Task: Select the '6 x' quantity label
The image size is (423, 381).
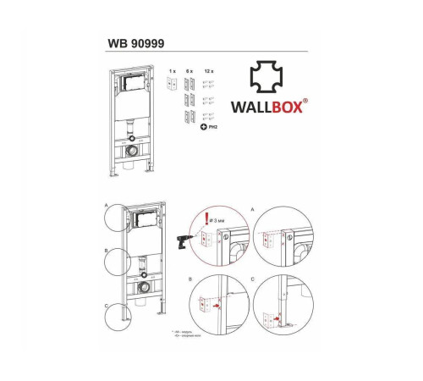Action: tap(192, 71)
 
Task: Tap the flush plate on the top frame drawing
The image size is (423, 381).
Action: tap(131, 86)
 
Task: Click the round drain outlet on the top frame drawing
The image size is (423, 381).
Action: tap(132, 150)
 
